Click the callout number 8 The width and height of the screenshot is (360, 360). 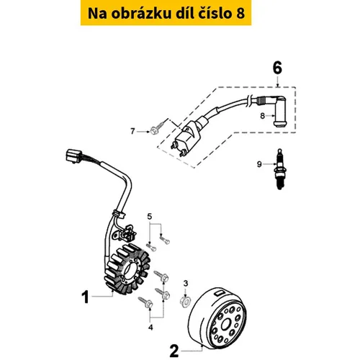click(262, 116)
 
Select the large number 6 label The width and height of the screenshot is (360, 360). click(277, 68)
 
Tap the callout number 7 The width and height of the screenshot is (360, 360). click(132, 131)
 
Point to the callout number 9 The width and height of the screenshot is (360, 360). click(259, 164)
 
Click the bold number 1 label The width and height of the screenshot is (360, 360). click(86, 297)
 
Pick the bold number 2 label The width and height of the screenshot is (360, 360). click(174, 351)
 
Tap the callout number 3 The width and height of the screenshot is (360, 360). click(186, 284)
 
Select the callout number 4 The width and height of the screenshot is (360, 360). click(150, 327)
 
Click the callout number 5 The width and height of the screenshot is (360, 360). click(150, 217)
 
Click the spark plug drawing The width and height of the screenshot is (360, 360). click(279, 169)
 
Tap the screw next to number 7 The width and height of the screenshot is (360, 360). click(158, 127)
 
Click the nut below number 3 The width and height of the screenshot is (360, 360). click(185, 301)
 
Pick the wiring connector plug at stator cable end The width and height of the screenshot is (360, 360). click(74, 156)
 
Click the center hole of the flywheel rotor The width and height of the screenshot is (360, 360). click(226, 325)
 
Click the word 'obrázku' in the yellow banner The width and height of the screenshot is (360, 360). click(141, 13)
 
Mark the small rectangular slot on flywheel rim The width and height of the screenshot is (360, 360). click(220, 292)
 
